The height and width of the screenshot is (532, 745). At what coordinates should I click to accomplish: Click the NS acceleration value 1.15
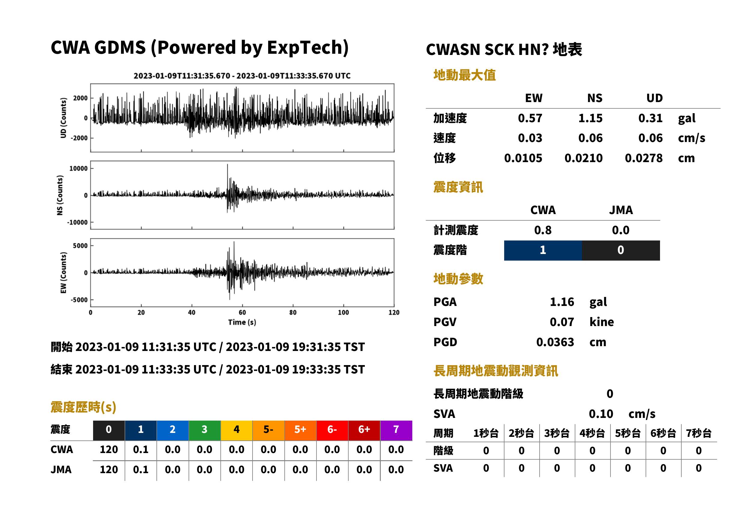(x=590, y=118)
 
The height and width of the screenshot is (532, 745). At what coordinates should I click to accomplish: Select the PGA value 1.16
(x=562, y=302)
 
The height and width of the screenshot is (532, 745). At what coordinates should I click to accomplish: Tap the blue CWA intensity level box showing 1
(x=543, y=250)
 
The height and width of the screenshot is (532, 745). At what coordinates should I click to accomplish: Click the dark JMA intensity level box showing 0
(x=621, y=250)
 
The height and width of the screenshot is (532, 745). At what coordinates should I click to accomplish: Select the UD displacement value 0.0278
(x=644, y=158)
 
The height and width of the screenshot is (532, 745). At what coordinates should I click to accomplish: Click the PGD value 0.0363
(x=555, y=342)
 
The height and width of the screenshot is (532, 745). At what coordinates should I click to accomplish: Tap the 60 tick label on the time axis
(x=242, y=313)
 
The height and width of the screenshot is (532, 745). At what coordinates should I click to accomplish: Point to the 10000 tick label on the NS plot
(x=78, y=168)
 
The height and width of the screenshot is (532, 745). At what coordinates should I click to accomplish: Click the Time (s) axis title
(x=242, y=322)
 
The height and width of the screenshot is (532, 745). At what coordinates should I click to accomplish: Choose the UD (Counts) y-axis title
(x=63, y=118)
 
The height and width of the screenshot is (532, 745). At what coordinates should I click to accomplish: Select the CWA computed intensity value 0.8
(x=543, y=230)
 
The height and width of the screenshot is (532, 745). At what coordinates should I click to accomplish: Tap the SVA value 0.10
(x=601, y=414)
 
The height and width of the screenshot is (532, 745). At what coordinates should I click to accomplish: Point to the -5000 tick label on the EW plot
(x=79, y=300)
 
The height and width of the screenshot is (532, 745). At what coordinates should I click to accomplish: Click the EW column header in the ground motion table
(x=534, y=98)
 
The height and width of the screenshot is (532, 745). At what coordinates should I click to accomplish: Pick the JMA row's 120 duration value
(x=109, y=470)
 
